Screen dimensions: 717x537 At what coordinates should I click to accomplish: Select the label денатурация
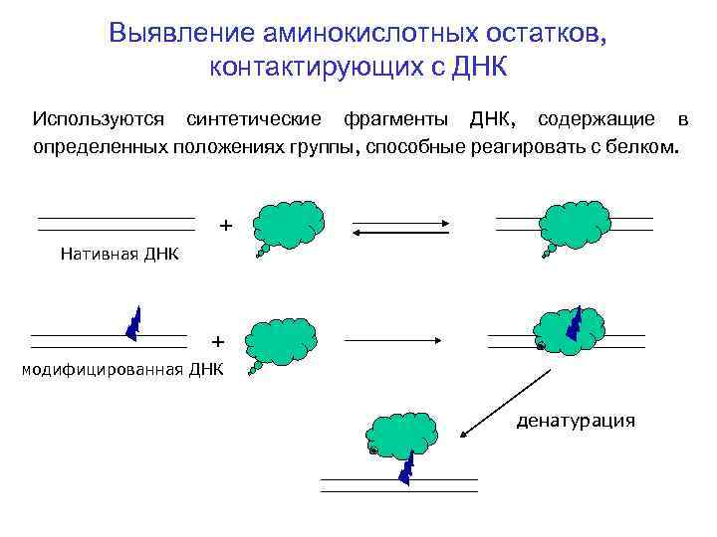pyautogui.click(x=575, y=421)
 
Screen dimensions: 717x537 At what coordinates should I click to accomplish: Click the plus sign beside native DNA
pyautogui.click(x=226, y=226)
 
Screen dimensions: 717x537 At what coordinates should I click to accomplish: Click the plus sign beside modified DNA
pyautogui.click(x=218, y=341)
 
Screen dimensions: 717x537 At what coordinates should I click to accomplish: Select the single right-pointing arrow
pyautogui.click(x=393, y=340)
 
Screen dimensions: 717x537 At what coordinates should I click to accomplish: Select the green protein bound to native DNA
pyautogui.click(x=574, y=219)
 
